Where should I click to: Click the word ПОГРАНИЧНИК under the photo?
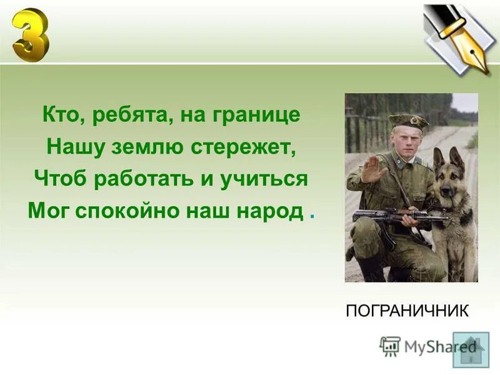click(x=407, y=311)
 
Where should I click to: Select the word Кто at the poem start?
click(x=59, y=116)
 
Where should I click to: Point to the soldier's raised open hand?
click(x=373, y=169)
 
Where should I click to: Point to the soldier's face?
click(x=407, y=139)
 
